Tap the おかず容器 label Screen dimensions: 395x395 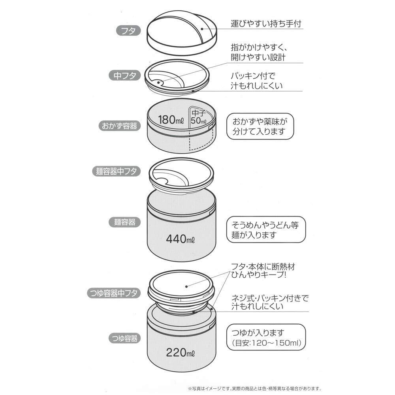pyautogui.click(x=117, y=126)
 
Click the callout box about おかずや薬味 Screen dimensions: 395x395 pyautogui.click(x=260, y=126)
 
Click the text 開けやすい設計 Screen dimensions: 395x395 pyautogui.click(x=258, y=57)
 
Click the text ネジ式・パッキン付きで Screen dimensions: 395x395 pyautogui.click(x=269, y=299)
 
